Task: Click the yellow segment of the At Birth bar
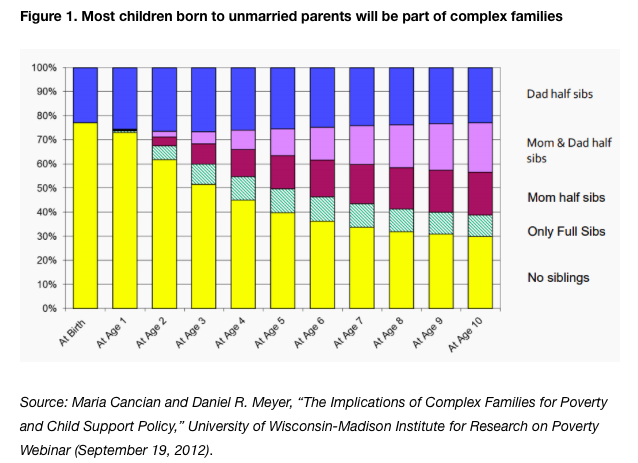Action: click(x=85, y=215)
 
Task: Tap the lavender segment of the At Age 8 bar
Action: click(x=400, y=146)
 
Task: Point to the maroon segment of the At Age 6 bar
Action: click(x=322, y=178)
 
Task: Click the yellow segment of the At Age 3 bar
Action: click(x=204, y=246)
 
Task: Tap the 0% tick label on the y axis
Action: click(x=47, y=308)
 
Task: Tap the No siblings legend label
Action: click(x=557, y=277)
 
